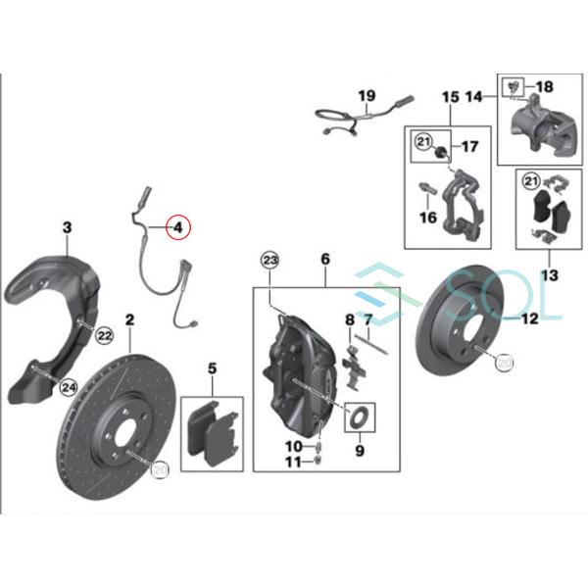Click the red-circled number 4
[179, 228]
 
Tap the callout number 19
[367, 96]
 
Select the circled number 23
[270, 260]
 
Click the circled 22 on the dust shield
[105, 336]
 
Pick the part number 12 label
[529, 318]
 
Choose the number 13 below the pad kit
[549, 275]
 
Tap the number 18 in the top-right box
[545, 87]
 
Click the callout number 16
[428, 218]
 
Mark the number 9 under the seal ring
[359, 452]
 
